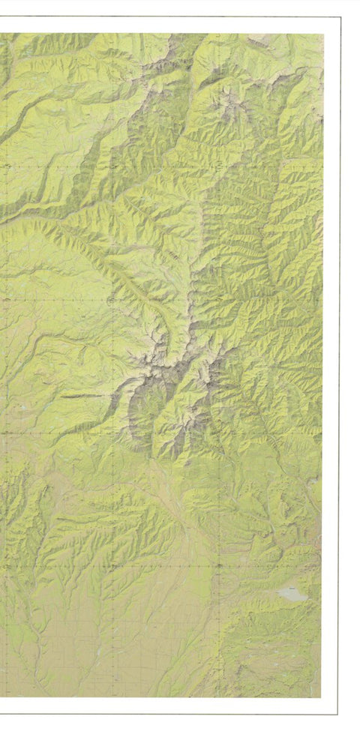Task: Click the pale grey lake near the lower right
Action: pyautogui.click(x=291, y=595)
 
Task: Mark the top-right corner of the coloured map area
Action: pyautogui.click(x=323, y=33)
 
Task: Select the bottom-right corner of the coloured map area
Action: pyautogui.click(x=321, y=697)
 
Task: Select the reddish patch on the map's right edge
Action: pyautogui.click(x=320, y=540)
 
